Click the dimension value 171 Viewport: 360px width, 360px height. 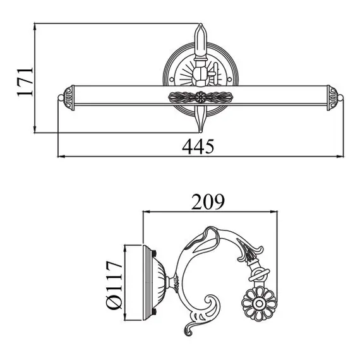pos(25,81)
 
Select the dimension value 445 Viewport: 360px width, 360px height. pos(198,147)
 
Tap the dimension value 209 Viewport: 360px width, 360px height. pos(208,202)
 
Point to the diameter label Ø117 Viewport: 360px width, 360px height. pos(114,284)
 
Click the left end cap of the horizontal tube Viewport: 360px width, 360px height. pos(69,98)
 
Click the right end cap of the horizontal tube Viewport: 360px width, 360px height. pos(332,98)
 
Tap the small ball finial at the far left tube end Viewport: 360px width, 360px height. pos(61,98)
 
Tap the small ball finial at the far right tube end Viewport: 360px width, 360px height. pos(340,98)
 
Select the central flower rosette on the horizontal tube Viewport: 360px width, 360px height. pos(201,97)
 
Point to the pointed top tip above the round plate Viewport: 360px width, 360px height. pos(201,24)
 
